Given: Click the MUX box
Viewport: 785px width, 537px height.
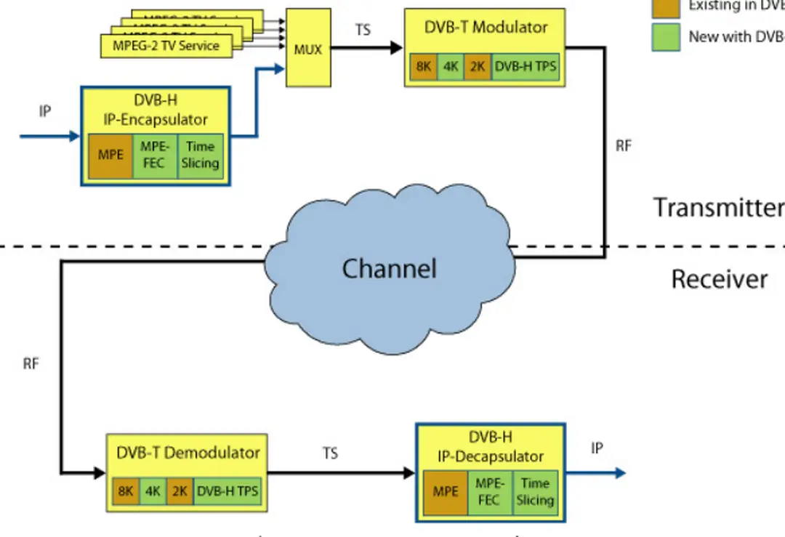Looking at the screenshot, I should pyautogui.click(x=307, y=49).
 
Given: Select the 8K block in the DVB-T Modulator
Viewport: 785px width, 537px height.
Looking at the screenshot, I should pyautogui.click(x=423, y=68).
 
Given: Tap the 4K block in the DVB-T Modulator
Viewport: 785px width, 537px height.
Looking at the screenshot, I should pyautogui.click(x=451, y=68).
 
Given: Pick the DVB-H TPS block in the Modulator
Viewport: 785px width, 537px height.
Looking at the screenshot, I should pyautogui.click(x=526, y=68).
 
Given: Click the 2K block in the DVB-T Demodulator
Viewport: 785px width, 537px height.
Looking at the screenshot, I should pyautogui.click(x=179, y=491).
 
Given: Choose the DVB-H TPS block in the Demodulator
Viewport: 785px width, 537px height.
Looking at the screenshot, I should pyautogui.click(x=227, y=491).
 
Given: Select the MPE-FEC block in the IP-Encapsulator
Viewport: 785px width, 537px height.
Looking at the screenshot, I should pyautogui.click(x=154, y=156).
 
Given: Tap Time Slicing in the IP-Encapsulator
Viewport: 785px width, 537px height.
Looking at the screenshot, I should pyautogui.click(x=200, y=156).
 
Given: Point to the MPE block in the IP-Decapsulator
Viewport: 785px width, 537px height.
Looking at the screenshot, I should pyautogui.click(x=446, y=492).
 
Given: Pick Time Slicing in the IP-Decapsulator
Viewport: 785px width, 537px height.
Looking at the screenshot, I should pyautogui.click(x=535, y=492).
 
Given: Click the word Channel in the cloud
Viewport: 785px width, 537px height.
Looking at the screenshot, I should pyautogui.click(x=389, y=269).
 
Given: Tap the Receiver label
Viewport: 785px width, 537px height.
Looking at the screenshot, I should pyautogui.click(x=719, y=279).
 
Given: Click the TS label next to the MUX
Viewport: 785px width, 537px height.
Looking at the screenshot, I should pyautogui.click(x=363, y=31).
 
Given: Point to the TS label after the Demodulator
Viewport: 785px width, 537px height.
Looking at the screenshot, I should pyautogui.click(x=330, y=453).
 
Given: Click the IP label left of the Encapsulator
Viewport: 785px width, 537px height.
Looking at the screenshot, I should pyautogui.click(x=45, y=111).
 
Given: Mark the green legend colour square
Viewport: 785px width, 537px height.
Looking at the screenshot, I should pyautogui.click(x=666, y=37).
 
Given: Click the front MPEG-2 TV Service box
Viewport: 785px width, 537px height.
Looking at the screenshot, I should pyautogui.click(x=166, y=46).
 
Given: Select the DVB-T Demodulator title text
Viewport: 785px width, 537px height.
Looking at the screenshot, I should pyautogui.click(x=188, y=453).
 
